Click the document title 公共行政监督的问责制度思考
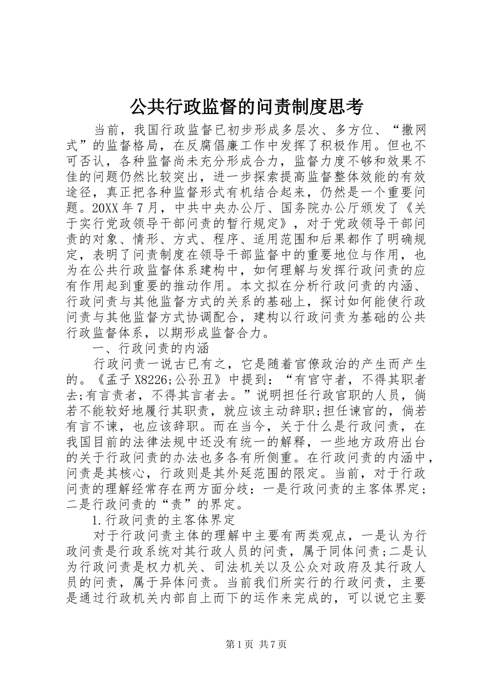(x=246, y=106)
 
